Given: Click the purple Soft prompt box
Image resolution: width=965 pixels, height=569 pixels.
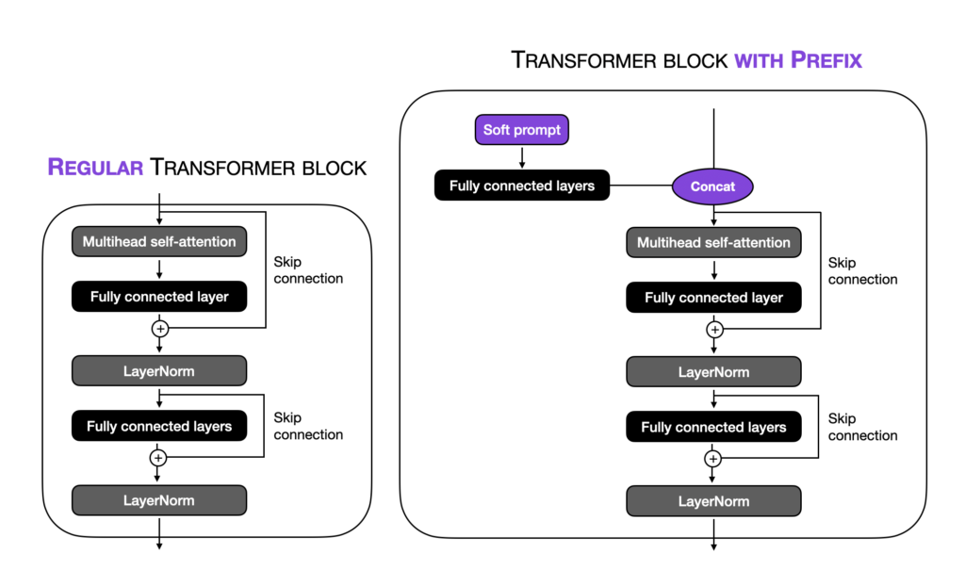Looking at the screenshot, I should tap(521, 130).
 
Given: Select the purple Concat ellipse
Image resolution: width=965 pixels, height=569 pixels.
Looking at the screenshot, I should tap(712, 186).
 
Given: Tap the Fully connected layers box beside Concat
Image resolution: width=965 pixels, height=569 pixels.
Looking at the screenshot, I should tap(521, 186).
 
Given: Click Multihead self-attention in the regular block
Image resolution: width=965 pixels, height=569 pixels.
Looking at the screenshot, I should tap(159, 241).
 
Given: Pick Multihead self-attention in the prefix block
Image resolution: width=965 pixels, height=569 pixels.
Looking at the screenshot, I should tap(713, 242).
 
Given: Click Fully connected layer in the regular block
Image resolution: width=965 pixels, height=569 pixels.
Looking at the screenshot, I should tap(159, 297).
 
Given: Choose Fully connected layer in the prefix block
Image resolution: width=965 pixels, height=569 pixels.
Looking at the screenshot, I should tap(713, 298).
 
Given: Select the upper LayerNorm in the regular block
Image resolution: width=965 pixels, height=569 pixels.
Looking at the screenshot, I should tap(159, 371).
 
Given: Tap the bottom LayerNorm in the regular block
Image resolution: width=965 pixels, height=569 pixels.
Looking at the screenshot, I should tap(159, 500).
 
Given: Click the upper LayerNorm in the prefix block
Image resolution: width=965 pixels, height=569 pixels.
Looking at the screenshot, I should tap(713, 372).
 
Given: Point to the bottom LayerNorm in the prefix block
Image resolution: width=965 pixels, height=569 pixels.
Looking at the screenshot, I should tap(713, 501).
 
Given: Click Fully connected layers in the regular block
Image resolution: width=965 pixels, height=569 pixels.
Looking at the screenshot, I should tap(159, 427).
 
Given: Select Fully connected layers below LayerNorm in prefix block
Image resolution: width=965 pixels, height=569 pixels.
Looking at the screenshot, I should tap(713, 428).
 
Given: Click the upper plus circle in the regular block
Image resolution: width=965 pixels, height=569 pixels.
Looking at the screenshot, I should tap(159, 329).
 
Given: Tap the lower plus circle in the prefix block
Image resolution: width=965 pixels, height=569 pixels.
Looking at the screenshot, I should tap(713, 459).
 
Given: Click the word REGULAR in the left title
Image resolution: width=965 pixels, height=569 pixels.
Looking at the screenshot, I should tap(95, 169).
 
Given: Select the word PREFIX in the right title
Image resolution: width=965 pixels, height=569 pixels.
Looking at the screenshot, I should tap(826, 61).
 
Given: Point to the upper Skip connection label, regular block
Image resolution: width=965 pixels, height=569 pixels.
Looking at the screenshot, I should tap(308, 269).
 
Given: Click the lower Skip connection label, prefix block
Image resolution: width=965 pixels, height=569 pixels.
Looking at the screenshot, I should tap(862, 427).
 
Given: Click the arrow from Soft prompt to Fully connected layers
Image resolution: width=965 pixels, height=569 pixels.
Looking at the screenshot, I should tap(521, 156).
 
